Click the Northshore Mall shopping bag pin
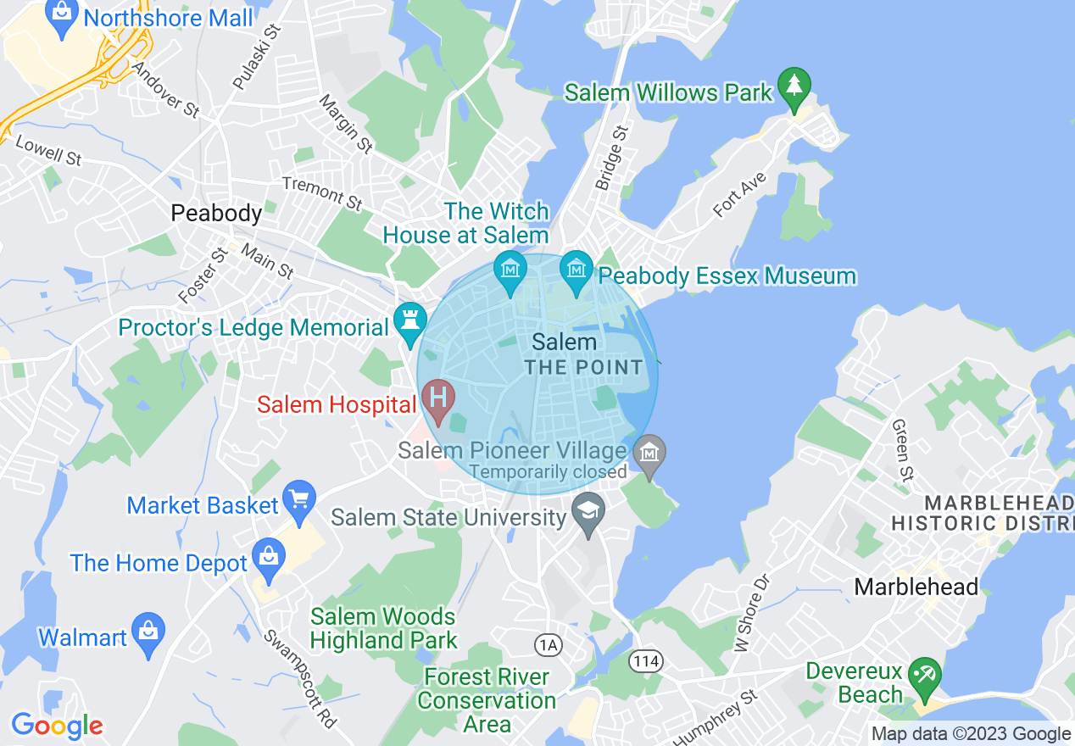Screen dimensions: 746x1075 [62, 16]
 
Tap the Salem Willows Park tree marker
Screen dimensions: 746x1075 [794, 87]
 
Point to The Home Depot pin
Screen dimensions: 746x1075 [269, 558]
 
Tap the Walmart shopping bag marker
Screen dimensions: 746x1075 [148, 632]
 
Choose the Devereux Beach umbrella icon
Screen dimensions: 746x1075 [925, 675]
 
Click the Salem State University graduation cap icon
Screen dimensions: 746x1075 [588, 513]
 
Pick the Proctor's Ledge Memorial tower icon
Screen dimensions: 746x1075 [410, 321]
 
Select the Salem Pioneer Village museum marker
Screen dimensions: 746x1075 [649, 454]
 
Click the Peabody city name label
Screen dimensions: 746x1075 [216, 213]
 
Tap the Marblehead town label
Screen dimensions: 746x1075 [916, 586]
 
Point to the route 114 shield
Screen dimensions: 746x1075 [646, 659]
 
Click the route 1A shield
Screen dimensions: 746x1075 [549, 646]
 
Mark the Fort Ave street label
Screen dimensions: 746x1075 [739, 195]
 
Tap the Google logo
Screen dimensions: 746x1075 [57, 726]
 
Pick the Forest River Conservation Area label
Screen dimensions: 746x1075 [487, 700]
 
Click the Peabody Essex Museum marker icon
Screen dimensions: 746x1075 [576, 270]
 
